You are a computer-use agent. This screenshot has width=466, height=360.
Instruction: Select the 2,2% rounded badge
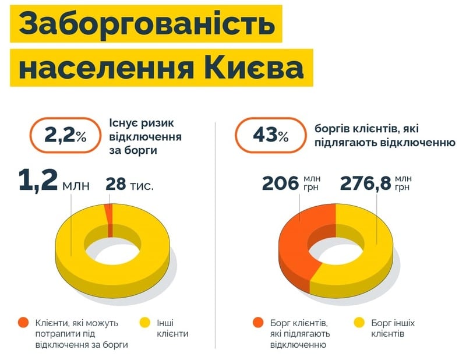tap(65, 136)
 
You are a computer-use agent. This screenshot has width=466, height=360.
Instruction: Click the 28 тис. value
tap(129, 185)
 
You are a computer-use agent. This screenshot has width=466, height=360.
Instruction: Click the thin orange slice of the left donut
tap(108, 213)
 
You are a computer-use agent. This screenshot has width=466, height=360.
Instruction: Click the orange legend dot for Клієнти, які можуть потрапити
tap(23, 322)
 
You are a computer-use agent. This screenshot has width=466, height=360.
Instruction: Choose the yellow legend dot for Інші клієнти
tap(146, 322)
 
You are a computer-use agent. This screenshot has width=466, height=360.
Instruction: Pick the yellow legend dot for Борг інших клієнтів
tap(359, 322)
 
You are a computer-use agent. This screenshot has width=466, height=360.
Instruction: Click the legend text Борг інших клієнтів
tap(393, 329)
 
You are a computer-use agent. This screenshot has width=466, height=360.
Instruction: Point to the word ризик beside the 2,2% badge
tap(158, 123)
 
